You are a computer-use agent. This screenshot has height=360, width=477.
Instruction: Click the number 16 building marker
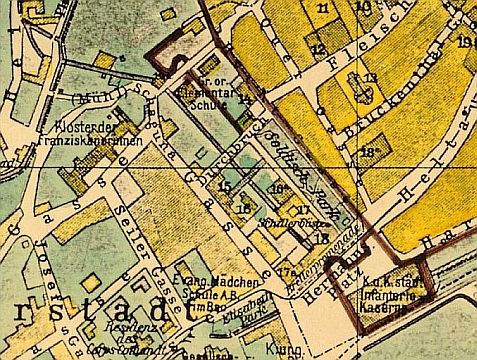(243, 208)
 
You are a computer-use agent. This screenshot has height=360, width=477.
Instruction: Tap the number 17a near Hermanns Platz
(286, 272)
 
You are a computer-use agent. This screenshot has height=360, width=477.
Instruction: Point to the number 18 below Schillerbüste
(319, 238)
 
